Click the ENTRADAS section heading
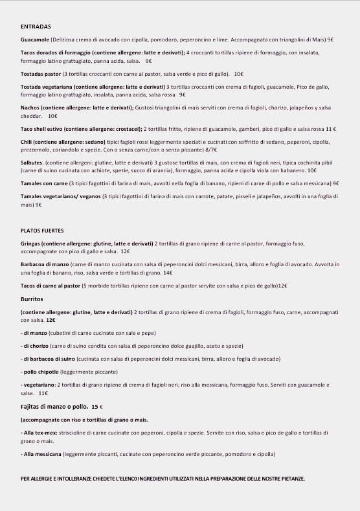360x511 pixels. (x=36, y=27)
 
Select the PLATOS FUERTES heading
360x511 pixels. (x=42, y=231)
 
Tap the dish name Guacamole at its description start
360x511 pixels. (x=35, y=40)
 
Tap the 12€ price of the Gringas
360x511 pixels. (x=125, y=251)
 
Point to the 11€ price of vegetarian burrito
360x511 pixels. (x=43, y=393)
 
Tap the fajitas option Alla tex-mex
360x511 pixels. (x=38, y=432)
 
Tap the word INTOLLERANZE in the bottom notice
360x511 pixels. (x=78, y=479)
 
